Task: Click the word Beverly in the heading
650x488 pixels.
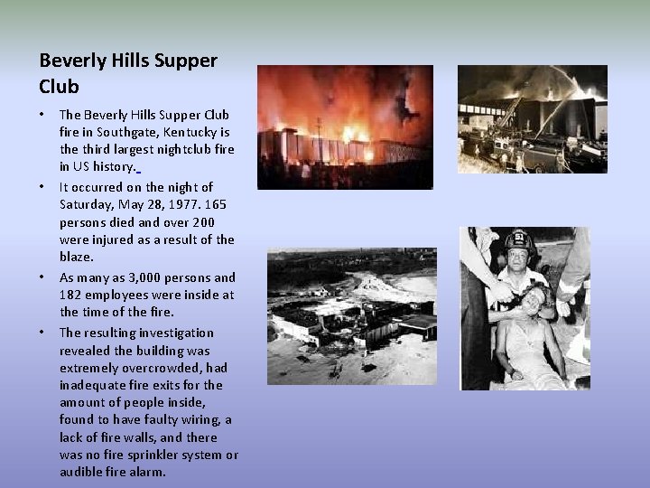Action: click(x=71, y=61)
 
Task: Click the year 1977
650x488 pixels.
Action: click(x=176, y=204)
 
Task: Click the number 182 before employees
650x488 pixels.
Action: click(x=70, y=295)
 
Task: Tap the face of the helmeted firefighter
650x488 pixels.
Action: click(x=518, y=263)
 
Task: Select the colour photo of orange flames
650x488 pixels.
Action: click(x=345, y=127)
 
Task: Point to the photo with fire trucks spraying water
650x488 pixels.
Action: click(x=532, y=118)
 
